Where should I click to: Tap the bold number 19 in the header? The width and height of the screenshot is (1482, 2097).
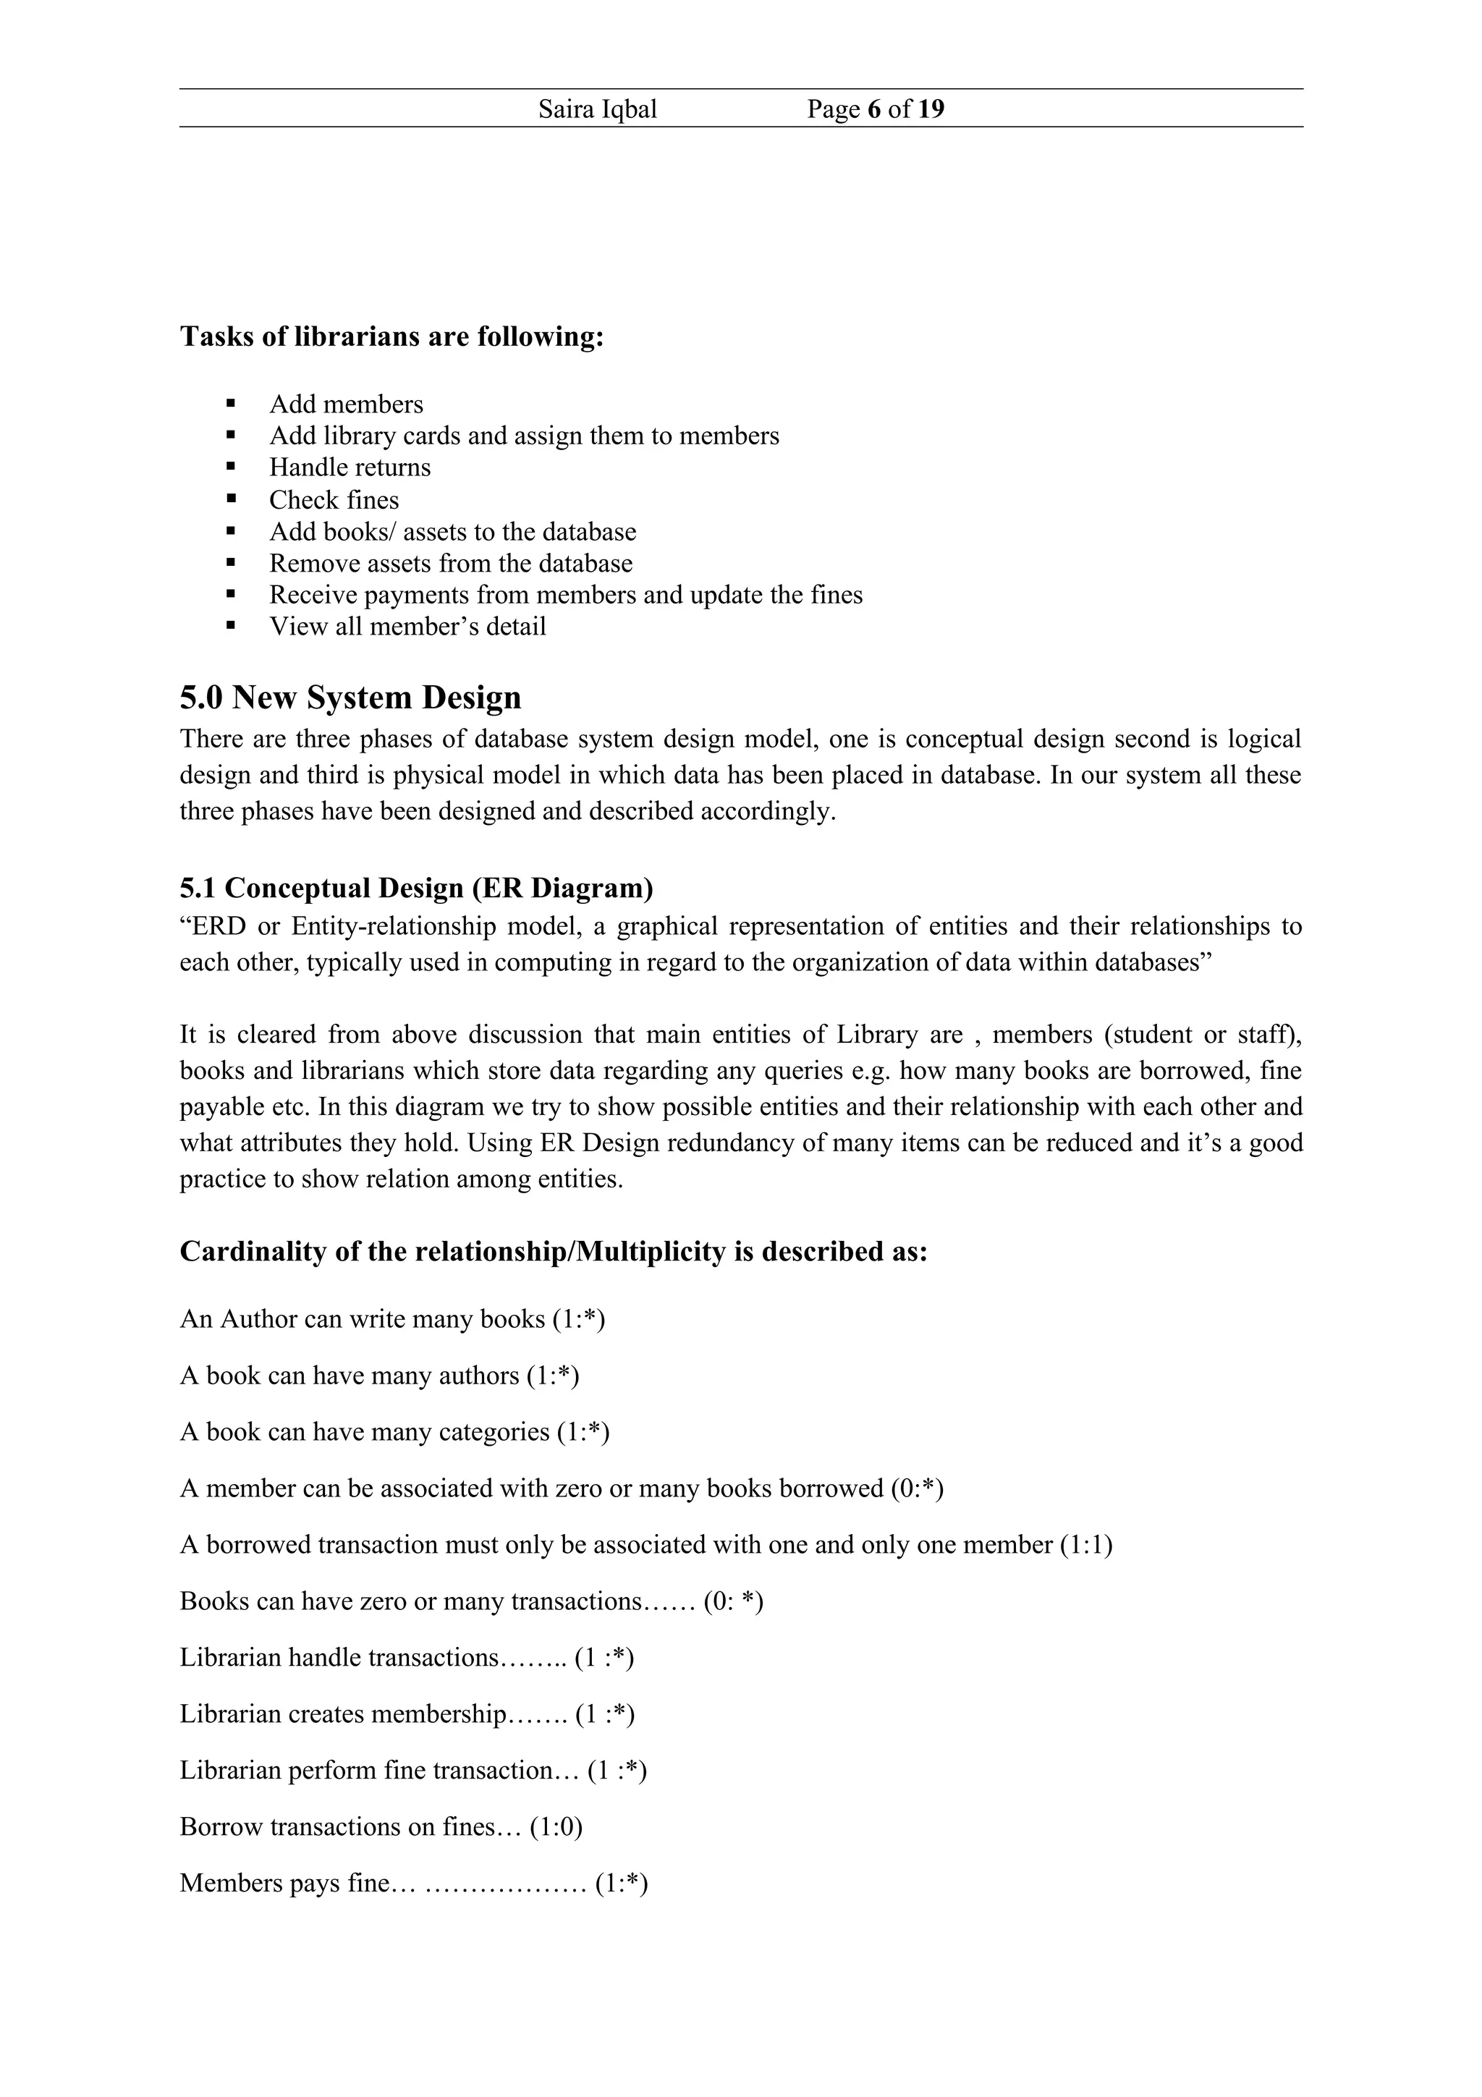[x=931, y=109]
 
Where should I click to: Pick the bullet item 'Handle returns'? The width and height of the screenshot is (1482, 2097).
[x=350, y=467]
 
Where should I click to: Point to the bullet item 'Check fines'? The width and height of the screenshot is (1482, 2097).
[x=334, y=499]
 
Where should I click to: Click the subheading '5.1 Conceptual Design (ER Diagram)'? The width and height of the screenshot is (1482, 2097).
[x=415, y=888]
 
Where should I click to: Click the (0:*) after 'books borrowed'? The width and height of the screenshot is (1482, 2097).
[x=916, y=1488]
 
